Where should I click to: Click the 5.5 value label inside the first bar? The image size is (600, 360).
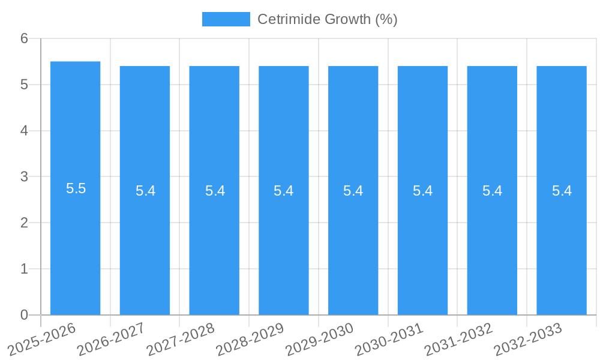pos(76,188)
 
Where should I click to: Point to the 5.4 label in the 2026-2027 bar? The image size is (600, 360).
pos(145,191)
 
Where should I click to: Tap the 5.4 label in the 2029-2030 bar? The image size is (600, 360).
pos(353,191)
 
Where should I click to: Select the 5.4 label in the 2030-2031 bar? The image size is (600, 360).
pos(423,191)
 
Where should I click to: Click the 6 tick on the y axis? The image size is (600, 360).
pos(24,38)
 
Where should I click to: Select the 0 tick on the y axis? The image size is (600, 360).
pos(24,315)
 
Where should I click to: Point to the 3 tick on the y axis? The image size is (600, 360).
pos(24,177)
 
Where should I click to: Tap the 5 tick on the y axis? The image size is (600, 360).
pos(24,85)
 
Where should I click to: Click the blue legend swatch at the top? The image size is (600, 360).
pos(226,19)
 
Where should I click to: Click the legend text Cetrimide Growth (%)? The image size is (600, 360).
pos(328,19)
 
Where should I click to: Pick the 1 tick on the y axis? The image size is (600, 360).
pos(24,269)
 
